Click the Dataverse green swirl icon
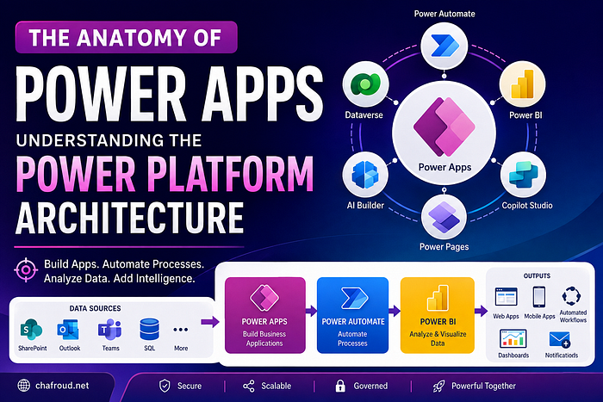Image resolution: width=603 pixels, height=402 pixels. point(365,83)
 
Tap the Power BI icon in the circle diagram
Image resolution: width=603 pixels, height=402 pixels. point(522,84)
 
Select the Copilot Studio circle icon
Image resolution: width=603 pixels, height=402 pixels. point(523,175)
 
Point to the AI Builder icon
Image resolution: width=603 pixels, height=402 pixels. point(365,175)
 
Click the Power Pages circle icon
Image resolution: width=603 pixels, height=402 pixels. point(444,217)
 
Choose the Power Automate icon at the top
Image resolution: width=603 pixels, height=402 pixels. point(444,46)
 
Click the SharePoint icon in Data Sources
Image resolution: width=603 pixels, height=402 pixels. point(32,330)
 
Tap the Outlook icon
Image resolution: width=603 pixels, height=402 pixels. point(68,330)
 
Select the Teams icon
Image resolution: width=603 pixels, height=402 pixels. point(110,330)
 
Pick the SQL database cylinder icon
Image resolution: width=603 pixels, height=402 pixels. point(149,330)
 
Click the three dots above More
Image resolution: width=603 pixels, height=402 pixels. point(181,330)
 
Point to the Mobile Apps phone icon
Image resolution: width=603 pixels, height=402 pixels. point(538,297)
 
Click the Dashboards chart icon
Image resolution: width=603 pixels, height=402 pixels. point(513,338)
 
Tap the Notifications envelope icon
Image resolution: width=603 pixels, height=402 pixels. point(560,339)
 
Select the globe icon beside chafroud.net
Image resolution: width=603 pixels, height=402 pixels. point(24,386)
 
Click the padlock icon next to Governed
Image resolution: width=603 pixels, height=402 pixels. point(340,386)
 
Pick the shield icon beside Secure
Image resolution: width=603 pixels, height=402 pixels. point(165,386)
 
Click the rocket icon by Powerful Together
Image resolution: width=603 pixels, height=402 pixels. point(438,386)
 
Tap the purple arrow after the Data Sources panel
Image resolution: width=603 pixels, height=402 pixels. point(210,322)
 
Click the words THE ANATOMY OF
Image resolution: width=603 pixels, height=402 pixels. point(126,38)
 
